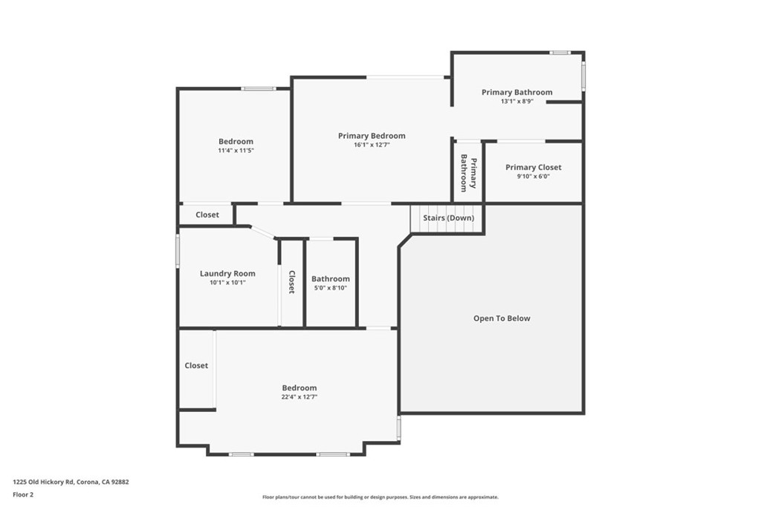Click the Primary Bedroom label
(x=372, y=136)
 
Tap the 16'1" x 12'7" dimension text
(x=372, y=145)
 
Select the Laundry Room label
(x=227, y=274)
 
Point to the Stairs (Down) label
(x=448, y=218)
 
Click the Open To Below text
(x=502, y=318)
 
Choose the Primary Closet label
(x=533, y=168)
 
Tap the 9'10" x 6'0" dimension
(x=533, y=177)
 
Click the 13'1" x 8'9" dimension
(x=516, y=102)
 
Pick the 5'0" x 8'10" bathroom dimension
(x=331, y=288)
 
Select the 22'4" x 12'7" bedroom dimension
(x=299, y=397)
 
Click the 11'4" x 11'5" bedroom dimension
(x=236, y=151)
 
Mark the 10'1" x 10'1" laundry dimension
(x=227, y=283)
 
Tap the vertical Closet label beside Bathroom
(x=292, y=282)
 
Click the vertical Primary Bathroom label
(x=468, y=173)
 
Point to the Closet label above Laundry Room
(x=207, y=215)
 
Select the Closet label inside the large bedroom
(x=196, y=366)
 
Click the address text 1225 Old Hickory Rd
(x=71, y=482)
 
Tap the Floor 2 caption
(x=23, y=494)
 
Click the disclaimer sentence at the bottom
(x=380, y=497)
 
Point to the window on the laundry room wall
(x=178, y=250)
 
